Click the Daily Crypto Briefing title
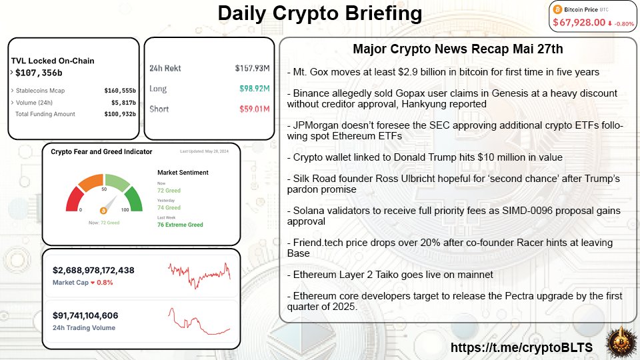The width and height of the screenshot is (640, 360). (x=319, y=14)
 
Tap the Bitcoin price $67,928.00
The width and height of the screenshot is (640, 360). (x=578, y=23)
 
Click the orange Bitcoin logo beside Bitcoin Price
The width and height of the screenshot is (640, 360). (x=557, y=10)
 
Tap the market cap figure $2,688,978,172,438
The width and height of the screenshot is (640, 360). (x=93, y=270)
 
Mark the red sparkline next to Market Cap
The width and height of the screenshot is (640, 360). (x=199, y=273)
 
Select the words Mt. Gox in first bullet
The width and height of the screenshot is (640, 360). (x=309, y=71)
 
